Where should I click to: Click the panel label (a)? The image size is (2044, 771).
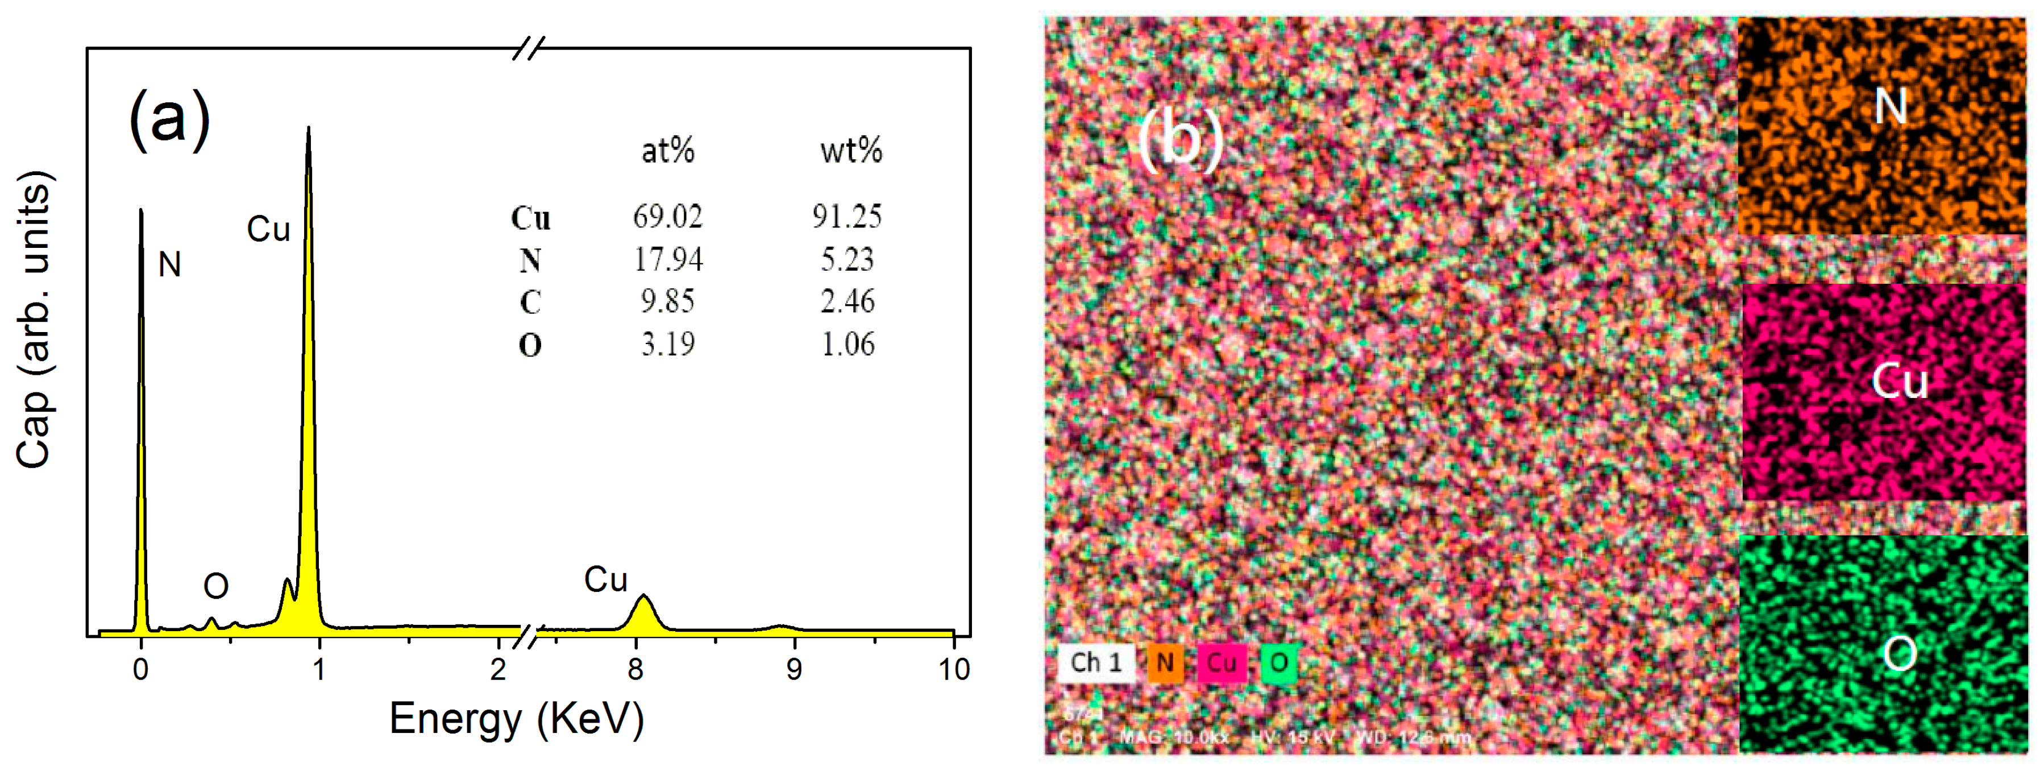pos(170,119)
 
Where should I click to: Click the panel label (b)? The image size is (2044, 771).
pos(1180,139)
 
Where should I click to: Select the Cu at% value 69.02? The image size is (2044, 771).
pos(667,216)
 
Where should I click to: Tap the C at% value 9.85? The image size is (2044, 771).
pos(667,301)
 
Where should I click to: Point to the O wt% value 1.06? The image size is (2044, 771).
pos(847,344)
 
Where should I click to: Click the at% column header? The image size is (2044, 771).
pos(667,150)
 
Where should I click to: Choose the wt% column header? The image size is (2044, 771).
pos(850,150)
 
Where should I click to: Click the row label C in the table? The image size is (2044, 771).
pos(530,302)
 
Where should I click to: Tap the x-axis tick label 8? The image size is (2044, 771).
pos(635,669)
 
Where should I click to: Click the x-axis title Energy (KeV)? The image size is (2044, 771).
pos(517,719)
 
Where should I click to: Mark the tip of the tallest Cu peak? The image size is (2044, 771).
pos(309,128)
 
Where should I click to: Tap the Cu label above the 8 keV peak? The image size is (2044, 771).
pos(605,579)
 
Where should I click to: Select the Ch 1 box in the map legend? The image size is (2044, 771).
pos(1096,662)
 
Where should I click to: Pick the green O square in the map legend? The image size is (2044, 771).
pos(1278,662)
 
